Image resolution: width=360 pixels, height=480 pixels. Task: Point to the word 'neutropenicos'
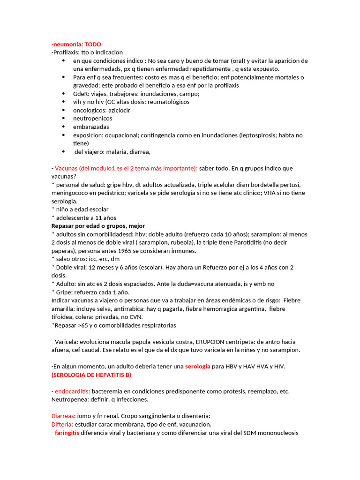coord(92,119)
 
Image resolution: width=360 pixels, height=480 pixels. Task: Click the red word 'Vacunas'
coord(67,168)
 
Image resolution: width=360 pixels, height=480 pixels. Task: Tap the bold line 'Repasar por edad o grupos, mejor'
coord(98,226)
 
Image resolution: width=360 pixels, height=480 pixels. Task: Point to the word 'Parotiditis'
coord(255,242)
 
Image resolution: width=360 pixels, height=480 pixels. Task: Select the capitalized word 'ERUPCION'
coord(217,341)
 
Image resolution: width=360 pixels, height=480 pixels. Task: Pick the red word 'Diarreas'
coord(63,416)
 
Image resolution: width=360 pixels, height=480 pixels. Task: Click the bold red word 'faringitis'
coord(67,433)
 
